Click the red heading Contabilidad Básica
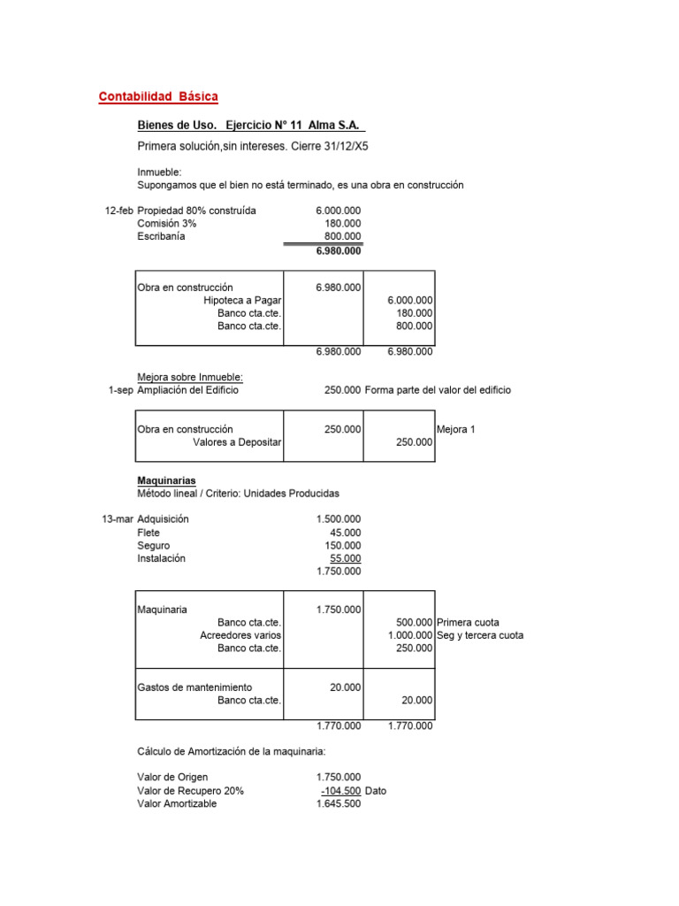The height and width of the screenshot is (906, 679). click(x=158, y=96)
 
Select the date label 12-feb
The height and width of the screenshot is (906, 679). click(x=119, y=211)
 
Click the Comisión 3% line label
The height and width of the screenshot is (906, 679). click(x=167, y=224)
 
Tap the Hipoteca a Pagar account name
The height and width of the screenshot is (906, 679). click(x=242, y=301)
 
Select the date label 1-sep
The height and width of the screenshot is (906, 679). click(x=121, y=390)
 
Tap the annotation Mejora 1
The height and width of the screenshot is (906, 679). click(x=455, y=429)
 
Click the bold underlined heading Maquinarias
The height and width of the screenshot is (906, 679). click(x=166, y=480)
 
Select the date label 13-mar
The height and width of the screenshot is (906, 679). click(x=118, y=519)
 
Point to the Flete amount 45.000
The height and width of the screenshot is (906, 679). click(x=346, y=533)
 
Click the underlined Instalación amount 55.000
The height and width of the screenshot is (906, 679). click(x=345, y=558)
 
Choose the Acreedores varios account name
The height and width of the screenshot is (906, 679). click(x=240, y=635)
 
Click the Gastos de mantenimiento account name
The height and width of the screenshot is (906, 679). click(x=195, y=687)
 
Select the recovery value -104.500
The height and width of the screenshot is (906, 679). click(x=340, y=791)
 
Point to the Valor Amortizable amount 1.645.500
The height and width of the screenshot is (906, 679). click(x=338, y=804)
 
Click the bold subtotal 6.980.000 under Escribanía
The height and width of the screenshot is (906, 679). click(x=338, y=251)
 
